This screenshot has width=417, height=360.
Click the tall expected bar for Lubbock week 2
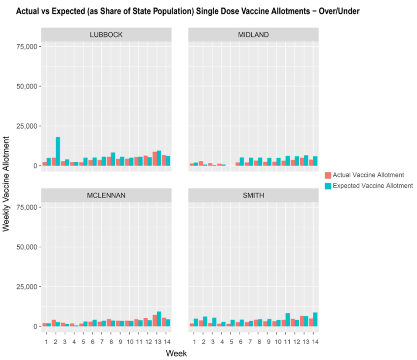click(x=58, y=152)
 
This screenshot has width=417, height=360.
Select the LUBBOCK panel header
click(x=106, y=35)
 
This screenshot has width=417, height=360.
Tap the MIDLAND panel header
click(x=253, y=35)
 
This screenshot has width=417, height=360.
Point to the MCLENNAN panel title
click(x=106, y=195)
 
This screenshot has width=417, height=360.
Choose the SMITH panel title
click(x=253, y=195)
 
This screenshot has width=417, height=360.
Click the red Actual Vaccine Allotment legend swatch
click(x=328, y=175)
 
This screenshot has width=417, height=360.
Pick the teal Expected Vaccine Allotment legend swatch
click(x=328, y=185)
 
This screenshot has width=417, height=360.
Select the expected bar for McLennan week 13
click(x=159, y=319)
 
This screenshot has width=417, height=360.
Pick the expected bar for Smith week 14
click(x=316, y=320)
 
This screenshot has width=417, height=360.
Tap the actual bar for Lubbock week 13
click(x=154, y=159)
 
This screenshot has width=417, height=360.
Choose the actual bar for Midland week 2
click(x=201, y=163)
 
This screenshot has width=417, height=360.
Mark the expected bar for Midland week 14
click(x=316, y=161)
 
